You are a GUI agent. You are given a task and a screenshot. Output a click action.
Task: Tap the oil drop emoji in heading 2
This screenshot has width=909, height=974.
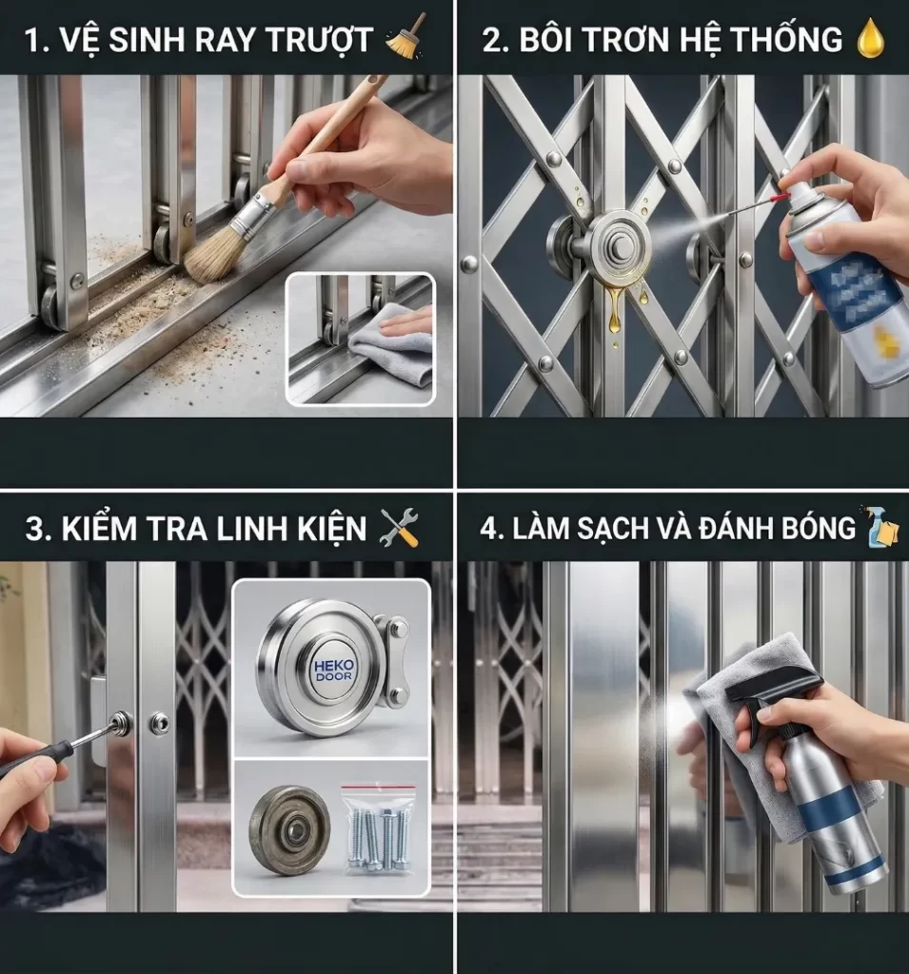click(871, 39)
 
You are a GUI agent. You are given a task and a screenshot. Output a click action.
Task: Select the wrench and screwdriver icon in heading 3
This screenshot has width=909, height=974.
click(399, 528)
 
